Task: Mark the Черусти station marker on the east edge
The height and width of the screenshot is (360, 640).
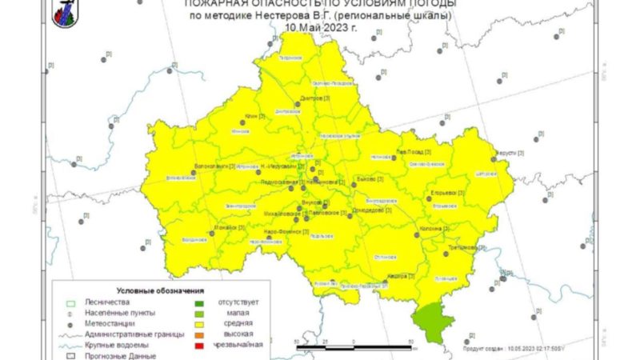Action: (x=494, y=158)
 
